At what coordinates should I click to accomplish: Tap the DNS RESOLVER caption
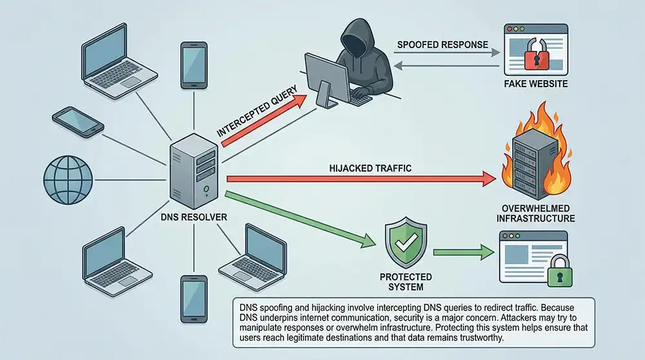pyautogui.click(x=193, y=217)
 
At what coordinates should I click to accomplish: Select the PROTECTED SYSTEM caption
pyautogui.click(x=405, y=282)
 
